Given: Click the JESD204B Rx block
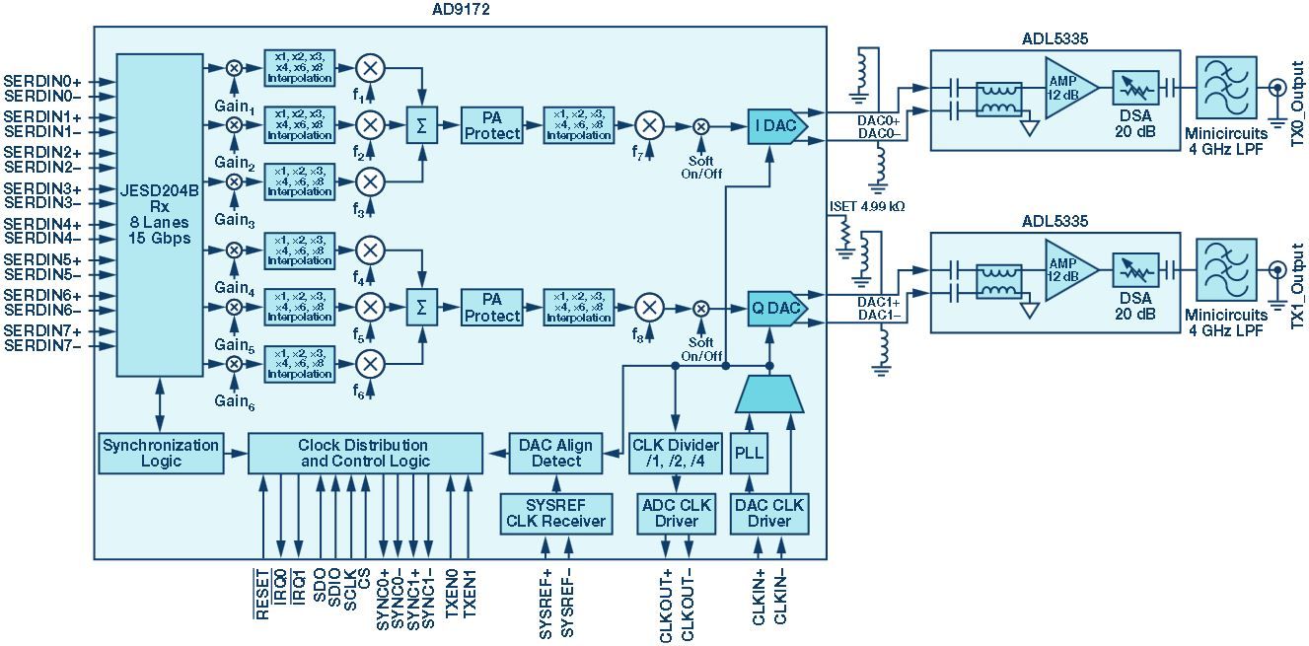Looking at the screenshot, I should (x=159, y=215).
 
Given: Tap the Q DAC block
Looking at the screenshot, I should (x=776, y=309).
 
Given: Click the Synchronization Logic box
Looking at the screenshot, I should (x=160, y=453).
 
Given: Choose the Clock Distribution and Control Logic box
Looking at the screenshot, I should (x=364, y=453).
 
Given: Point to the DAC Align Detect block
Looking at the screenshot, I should (x=555, y=453).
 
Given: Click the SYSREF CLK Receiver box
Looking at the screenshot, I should (x=555, y=513).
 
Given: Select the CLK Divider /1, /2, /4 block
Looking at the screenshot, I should (x=675, y=453).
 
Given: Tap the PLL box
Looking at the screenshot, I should (x=750, y=453).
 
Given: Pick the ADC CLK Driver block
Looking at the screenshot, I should (x=675, y=513).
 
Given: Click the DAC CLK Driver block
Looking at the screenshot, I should (x=768, y=513).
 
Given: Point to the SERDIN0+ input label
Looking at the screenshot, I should (x=42, y=80).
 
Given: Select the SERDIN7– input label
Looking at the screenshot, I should (x=42, y=346).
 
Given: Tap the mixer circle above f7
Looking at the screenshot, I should (x=648, y=126).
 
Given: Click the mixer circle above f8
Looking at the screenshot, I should (x=648, y=307).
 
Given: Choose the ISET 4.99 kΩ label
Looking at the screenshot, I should (x=868, y=207).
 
